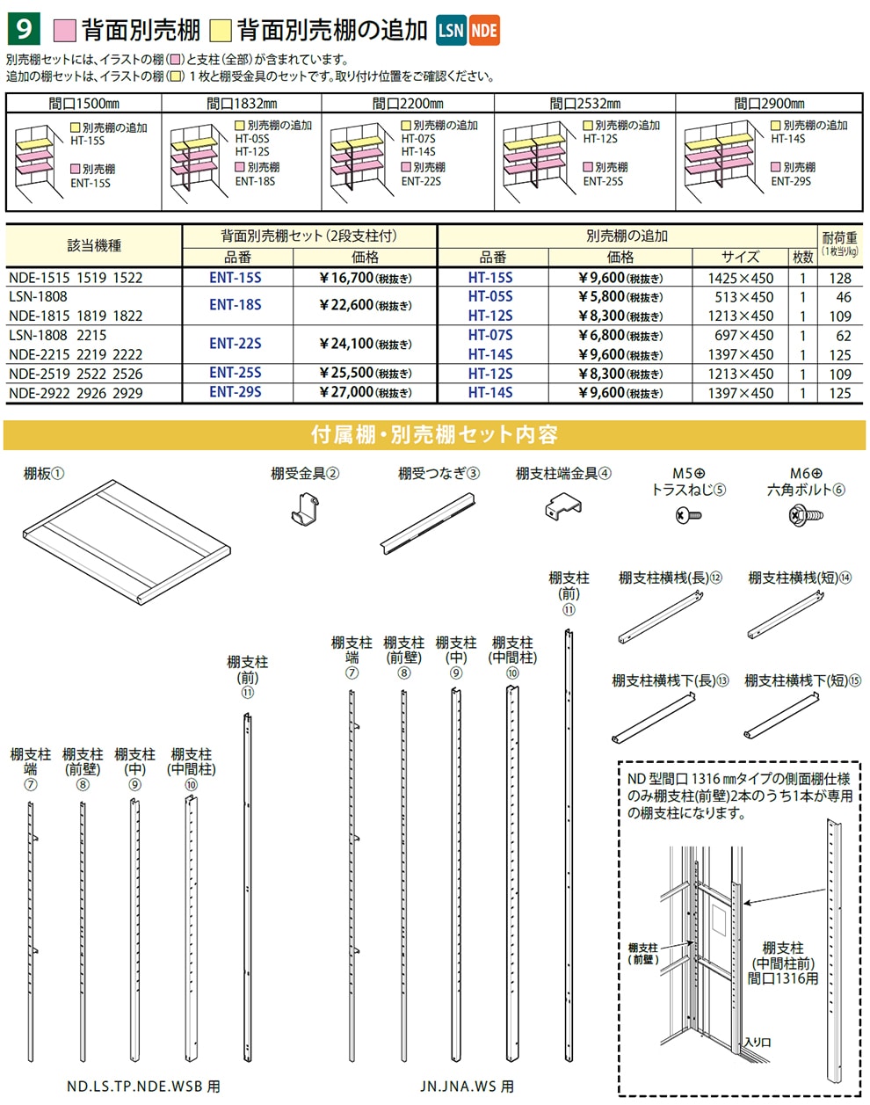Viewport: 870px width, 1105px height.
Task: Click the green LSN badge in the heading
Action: pos(451,31)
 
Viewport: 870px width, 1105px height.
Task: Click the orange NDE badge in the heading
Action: pos(483,31)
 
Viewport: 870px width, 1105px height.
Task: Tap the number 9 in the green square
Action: pos(22,29)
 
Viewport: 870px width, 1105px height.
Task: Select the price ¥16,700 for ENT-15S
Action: pos(365,278)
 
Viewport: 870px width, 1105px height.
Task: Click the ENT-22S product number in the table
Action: pos(235,344)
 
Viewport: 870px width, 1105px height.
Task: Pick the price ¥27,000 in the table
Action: pos(365,392)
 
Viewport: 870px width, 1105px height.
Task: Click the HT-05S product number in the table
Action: pos(490,297)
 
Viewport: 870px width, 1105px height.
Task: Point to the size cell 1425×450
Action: pos(741,278)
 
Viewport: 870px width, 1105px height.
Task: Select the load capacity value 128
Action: pos(840,278)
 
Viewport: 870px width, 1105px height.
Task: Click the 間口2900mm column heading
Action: pos(769,104)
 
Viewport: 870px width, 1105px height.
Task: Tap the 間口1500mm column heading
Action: pos(84,104)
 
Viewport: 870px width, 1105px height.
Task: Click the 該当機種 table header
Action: pos(94,246)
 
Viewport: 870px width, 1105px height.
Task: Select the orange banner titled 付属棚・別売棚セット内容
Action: pos(434,435)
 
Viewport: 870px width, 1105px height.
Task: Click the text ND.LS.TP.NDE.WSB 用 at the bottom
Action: pos(143,1087)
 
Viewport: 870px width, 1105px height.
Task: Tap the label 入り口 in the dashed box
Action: pos(757,1042)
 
